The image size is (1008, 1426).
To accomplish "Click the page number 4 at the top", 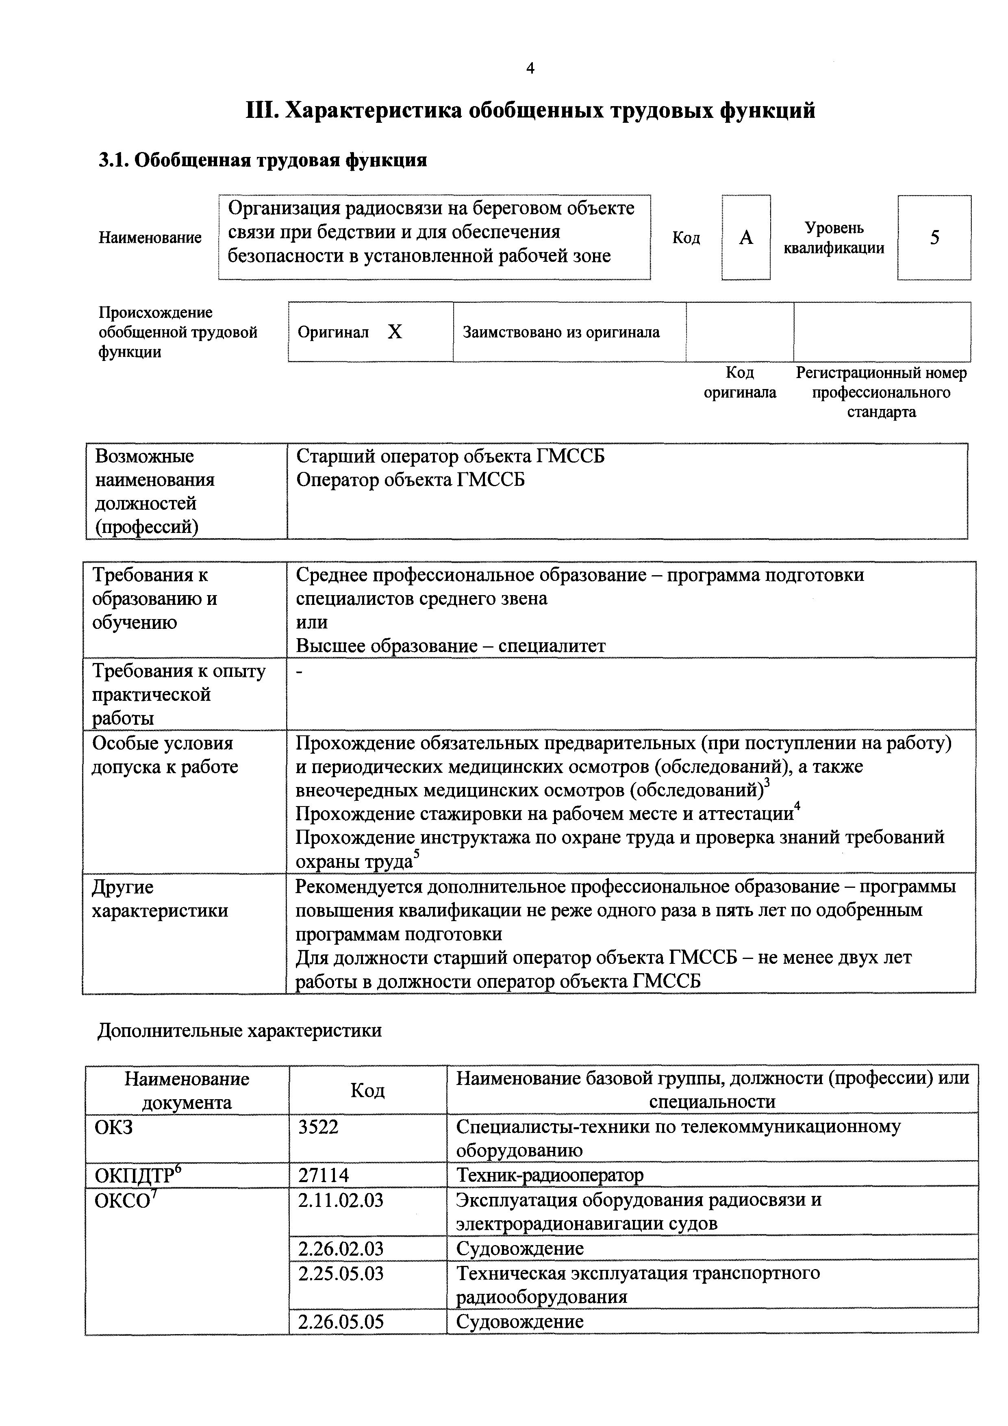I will (530, 68).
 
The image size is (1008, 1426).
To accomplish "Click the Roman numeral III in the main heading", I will (261, 111).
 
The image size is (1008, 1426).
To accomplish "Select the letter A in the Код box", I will (746, 237).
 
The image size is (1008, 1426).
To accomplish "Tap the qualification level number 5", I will (934, 237).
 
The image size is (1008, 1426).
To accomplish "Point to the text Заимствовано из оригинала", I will (561, 332).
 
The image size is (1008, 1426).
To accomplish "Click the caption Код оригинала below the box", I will (740, 383).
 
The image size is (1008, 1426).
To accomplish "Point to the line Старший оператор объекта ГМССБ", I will (450, 456).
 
